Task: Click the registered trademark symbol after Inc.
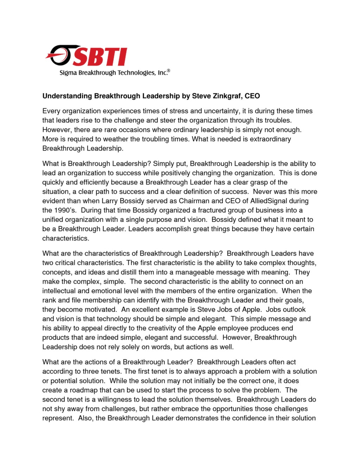[169, 71]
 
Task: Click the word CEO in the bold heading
[252, 96]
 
